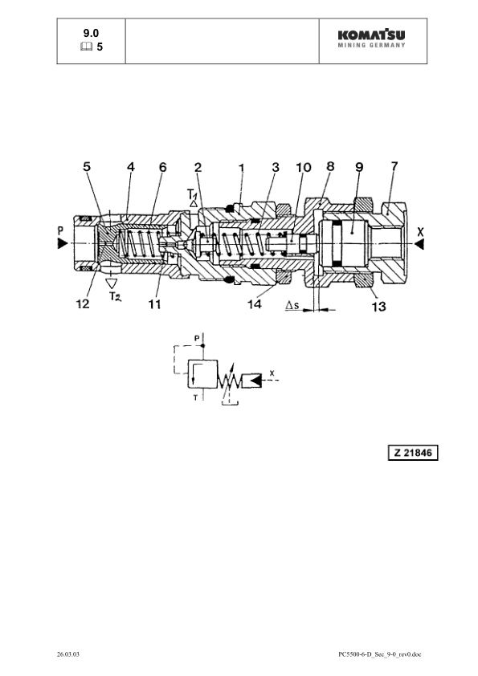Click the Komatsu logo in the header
(371, 39)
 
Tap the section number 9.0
(91, 33)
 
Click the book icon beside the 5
(86, 47)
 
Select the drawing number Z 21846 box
(413, 453)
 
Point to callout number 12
(83, 304)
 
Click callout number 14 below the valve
(255, 304)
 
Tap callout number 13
(378, 307)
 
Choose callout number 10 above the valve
(304, 167)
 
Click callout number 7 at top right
(394, 165)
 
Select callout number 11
(154, 304)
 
